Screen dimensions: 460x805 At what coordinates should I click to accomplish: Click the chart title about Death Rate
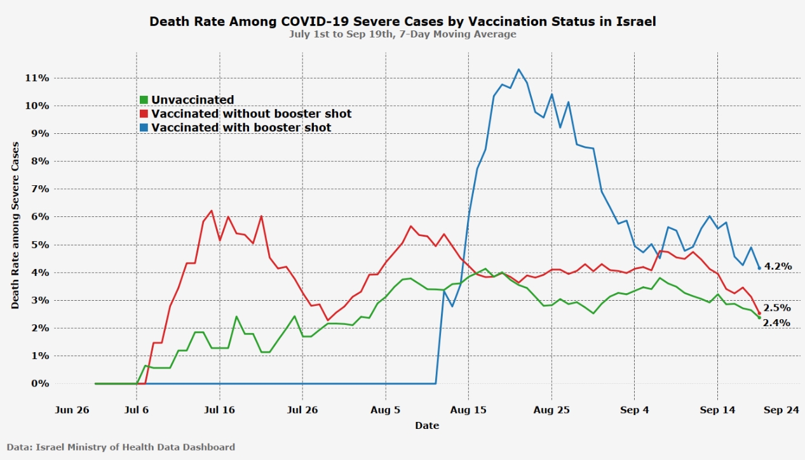pos(402,21)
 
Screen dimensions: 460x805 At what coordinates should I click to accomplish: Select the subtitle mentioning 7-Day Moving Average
pos(402,34)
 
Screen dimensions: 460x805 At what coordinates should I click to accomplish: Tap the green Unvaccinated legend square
pos(144,100)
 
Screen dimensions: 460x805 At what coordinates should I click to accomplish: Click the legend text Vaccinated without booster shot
pos(251,114)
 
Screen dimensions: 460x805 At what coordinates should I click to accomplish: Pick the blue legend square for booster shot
pos(144,128)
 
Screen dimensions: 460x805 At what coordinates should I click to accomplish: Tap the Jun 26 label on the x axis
pos(72,410)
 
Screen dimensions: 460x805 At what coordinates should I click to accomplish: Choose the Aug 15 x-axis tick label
pos(468,410)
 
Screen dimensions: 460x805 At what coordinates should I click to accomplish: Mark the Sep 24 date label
pos(780,410)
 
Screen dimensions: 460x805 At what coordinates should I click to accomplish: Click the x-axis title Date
pos(427,425)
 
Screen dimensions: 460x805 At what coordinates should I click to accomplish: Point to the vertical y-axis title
pos(15,225)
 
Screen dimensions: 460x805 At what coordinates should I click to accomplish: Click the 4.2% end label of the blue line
pos(778,266)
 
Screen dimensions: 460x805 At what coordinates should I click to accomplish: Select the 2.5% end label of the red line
pos(776,308)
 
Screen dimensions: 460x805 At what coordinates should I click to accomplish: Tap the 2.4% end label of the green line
pos(776,322)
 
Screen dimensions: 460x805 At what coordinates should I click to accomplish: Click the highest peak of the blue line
pos(518,69)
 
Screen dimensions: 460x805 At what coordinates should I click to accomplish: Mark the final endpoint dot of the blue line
pos(759,268)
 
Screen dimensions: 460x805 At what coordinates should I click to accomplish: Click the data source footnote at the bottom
pos(121,447)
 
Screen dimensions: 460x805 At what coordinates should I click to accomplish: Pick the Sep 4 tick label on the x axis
pos(635,410)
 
